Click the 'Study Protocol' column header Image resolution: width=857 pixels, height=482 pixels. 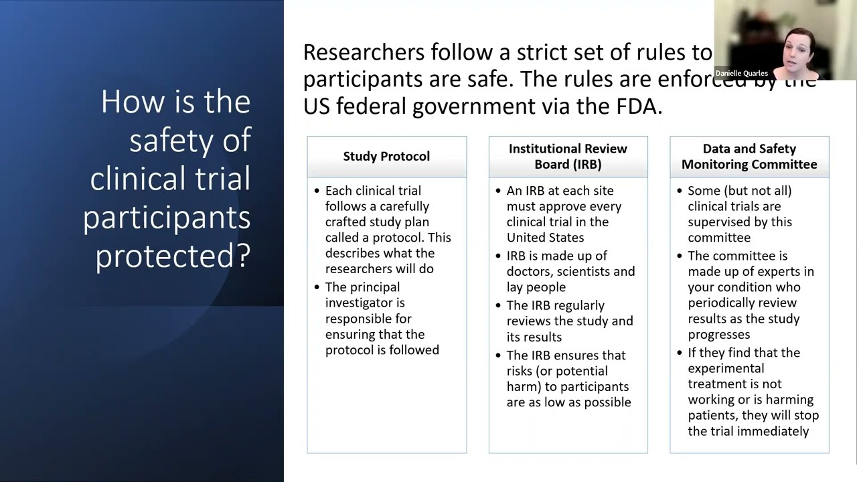(386, 157)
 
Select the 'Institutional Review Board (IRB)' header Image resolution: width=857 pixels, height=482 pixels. (568, 157)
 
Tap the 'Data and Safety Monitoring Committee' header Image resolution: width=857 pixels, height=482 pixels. (749, 157)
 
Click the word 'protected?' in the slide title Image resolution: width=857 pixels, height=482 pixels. (173, 255)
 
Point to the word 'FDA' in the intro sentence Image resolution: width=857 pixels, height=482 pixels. (638, 105)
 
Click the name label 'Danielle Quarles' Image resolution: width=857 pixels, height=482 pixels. (742, 73)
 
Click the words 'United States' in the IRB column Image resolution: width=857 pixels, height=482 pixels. (545, 238)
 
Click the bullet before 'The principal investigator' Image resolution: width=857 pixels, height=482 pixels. (317, 287)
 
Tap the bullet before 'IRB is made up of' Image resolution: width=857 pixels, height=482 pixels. (499, 256)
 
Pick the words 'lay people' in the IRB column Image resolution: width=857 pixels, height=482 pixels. (536, 287)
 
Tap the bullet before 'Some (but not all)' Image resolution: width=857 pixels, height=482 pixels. (680, 191)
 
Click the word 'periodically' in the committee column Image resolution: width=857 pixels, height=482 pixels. (723, 303)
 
